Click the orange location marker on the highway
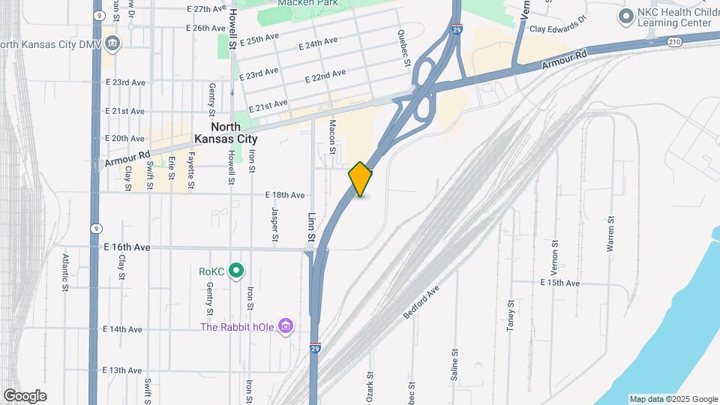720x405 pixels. (361, 178)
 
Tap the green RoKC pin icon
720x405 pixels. (237, 270)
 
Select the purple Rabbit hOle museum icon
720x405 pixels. (285, 326)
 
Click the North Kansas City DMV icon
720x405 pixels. (112, 43)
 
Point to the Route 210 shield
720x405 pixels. (675, 42)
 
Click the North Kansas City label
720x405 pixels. (226, 133)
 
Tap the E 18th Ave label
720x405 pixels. (285, 195)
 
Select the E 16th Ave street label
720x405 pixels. (127, 247)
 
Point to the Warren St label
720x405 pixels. (611, 233)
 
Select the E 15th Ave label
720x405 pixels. (560, 283)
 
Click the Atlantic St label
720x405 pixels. (66, 271)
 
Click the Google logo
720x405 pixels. (25, 396)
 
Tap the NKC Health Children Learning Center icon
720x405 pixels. (625, 16)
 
